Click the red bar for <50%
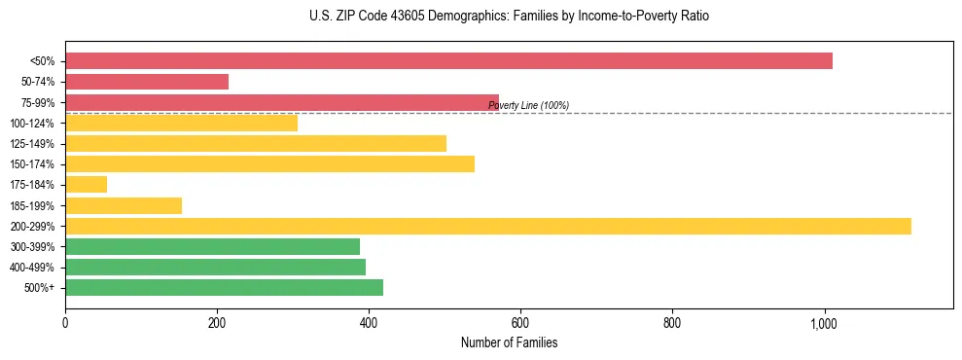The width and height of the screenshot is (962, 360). coord(448,61)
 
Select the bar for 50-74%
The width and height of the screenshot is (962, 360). coord(147,82)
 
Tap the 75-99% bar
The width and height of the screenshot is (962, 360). coord(282,102)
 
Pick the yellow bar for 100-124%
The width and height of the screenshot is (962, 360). coord(181,123)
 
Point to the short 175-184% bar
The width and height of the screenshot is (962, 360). coord(86,185)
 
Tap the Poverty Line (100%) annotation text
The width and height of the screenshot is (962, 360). coord(528,106)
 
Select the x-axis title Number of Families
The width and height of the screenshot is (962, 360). coord(509,343)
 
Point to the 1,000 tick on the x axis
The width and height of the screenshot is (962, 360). coord(824,322)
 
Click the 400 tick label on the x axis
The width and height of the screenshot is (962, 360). coord(369,322)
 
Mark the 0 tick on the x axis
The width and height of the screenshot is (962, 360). coord(65,322)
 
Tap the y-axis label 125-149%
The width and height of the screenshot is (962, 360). coord(32,144)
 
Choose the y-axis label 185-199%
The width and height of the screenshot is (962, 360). coord(32,205)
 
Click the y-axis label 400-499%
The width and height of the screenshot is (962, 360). coord(32,268)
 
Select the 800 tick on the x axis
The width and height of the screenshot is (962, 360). coord(672,322)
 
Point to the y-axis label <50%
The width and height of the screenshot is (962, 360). coord(43,61)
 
